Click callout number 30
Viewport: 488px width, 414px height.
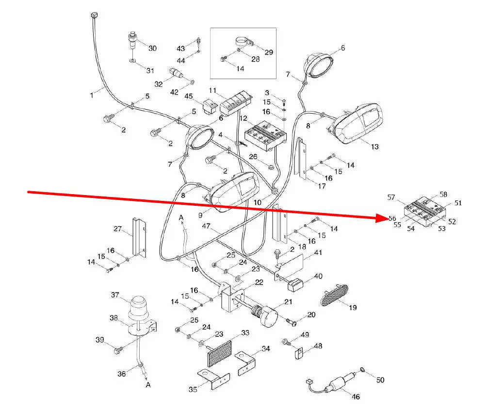(153, 48)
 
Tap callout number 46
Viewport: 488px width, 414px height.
(356, 397)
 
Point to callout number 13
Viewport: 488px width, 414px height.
(374, 147)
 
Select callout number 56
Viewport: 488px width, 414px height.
(392, 219)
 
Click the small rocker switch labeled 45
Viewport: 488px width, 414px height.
(210, 107)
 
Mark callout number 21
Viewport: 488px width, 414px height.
(289, 302)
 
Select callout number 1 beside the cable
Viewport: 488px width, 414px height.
(92, 96)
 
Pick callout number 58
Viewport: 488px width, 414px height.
(443, 194)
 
